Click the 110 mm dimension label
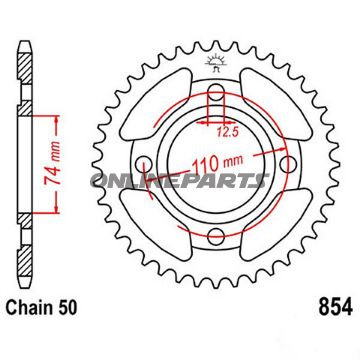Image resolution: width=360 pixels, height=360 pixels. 215,160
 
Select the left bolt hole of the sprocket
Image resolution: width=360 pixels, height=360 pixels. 148,166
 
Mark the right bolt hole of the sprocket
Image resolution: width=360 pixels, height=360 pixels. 283,166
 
